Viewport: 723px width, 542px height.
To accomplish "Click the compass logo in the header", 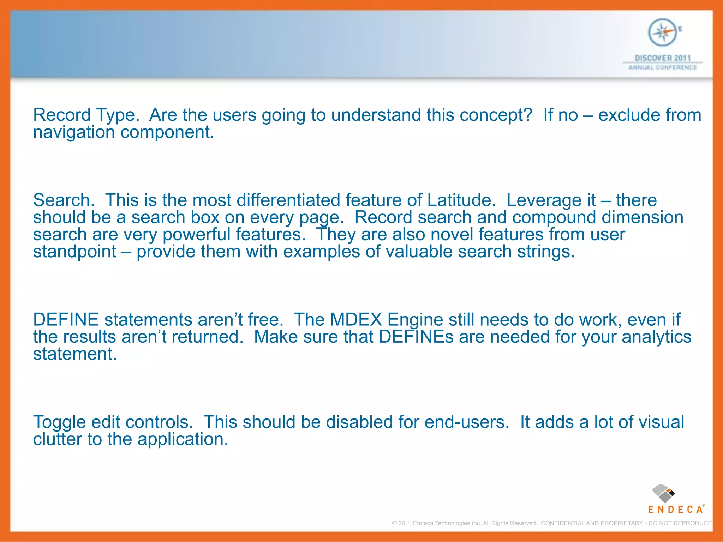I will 663,32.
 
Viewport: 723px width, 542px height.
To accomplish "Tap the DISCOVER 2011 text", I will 663,58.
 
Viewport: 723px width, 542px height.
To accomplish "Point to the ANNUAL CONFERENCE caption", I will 663,67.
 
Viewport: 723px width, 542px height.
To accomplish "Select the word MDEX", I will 356,320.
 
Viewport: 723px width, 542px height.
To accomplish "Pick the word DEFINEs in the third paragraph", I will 416,337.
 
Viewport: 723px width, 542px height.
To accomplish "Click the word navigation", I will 74,132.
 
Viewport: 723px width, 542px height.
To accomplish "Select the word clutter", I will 57,439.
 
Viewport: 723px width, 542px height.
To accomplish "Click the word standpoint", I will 74,252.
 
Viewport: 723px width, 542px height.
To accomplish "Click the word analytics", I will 656,337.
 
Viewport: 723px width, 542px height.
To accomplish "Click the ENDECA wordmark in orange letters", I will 675,510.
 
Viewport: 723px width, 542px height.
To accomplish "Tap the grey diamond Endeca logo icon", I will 663,493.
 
